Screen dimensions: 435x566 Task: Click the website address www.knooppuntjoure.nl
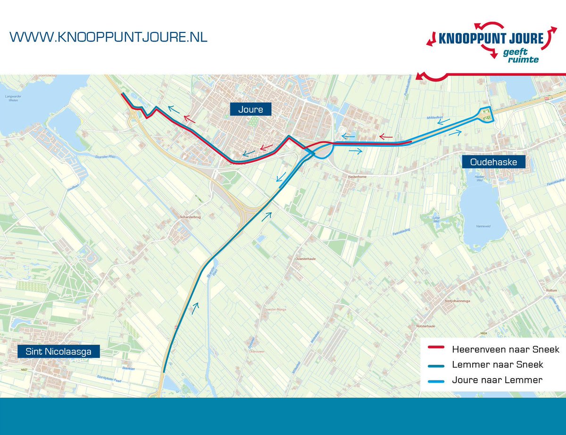[x=108, y=37]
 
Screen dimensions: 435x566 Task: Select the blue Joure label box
[x=250, y=109]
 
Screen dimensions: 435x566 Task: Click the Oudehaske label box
[x=493, y=162]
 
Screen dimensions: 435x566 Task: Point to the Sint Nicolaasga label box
[x=58, y=351]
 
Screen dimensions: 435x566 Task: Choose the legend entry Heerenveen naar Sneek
[x=505, y=349]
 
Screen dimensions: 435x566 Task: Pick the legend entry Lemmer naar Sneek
[x=497, y=364]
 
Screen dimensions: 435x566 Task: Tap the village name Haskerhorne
[x=357, y=176]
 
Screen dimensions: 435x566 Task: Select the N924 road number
[x=483, y=334]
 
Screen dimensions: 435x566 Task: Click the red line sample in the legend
[x=435, y=349]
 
